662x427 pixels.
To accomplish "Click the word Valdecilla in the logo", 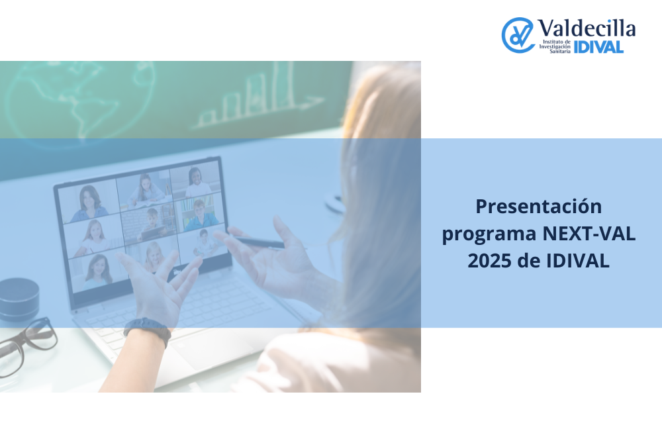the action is [586, 28].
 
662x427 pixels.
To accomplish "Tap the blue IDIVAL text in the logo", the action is [598, 47].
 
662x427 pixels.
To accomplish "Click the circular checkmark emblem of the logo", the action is [518, 35].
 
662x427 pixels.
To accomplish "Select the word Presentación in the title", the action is [538, 207].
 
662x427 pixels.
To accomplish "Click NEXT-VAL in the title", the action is [589, 234].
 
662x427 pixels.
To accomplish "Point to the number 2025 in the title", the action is [490, 261].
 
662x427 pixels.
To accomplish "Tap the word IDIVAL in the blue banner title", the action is [577, 261].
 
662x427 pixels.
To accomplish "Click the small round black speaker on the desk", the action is [19, 299].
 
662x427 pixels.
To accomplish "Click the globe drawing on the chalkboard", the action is [80, 101].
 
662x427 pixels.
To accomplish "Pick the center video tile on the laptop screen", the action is [148, 222].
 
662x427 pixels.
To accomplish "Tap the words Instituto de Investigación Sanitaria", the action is [555, 46].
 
